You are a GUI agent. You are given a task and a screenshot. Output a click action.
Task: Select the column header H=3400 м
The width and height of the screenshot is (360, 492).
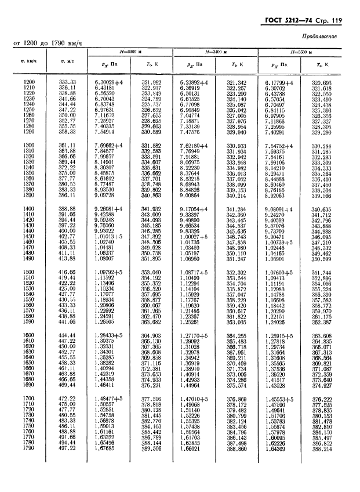216,52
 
